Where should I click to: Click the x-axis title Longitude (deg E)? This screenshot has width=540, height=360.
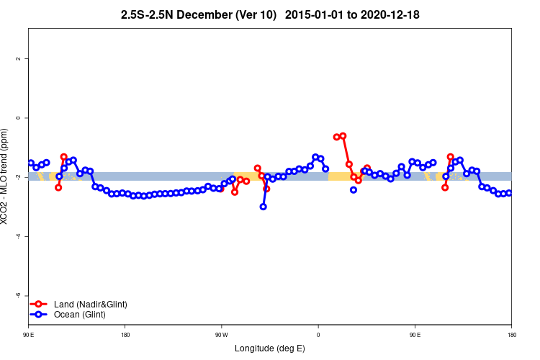270,348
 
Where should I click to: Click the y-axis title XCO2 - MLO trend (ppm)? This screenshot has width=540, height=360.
6,176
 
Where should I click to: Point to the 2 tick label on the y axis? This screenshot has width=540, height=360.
18,58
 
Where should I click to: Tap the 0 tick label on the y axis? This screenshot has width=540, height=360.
18,117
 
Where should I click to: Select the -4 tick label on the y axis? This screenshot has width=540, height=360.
17,236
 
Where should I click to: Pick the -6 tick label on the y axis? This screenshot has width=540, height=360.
17,295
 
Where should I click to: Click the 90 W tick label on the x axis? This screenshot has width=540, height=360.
222,335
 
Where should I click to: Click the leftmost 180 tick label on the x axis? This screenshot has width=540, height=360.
125,335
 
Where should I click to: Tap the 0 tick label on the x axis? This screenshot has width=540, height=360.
318,335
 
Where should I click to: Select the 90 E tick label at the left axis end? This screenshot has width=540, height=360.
29,335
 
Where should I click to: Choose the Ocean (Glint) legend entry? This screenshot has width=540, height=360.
79,315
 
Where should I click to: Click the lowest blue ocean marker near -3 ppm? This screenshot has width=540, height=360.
264,207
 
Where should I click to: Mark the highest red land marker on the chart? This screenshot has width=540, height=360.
343,135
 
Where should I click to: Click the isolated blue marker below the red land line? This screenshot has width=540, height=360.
354,190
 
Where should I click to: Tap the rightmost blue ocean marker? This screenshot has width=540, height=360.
509,193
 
